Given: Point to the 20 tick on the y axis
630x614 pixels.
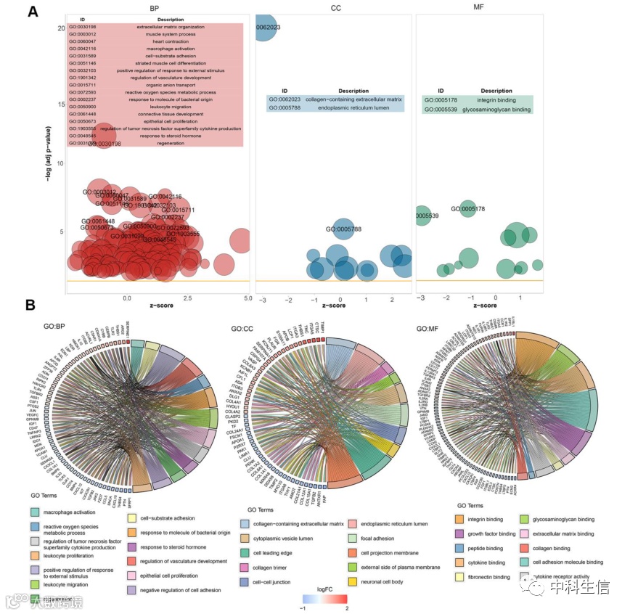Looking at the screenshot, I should [61, 28].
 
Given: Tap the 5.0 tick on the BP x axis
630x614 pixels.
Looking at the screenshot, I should [247, 298].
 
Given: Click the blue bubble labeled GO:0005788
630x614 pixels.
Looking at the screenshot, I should [343, 229].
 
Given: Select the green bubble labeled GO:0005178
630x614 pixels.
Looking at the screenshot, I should [468, 209].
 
